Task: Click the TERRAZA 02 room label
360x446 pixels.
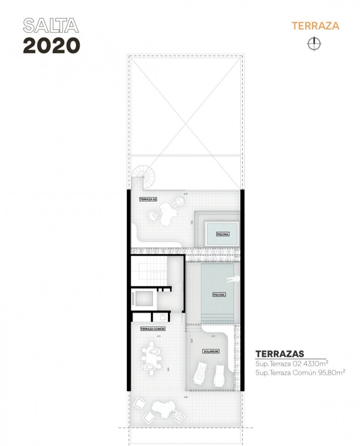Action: click(x=148, y=200)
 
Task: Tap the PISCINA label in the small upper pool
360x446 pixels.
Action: click(x=222, y=233)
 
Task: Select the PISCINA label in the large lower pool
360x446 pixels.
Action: click(x=219, y=295)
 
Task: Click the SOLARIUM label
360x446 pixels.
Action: click(x=211, y=351)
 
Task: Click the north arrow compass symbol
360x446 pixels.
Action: click(x=314, y=44)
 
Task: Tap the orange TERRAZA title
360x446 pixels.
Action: click(x=315, y=25)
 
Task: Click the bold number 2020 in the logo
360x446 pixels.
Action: click(x=52, y=45)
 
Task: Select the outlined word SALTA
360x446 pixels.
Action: click(x=51, y=25)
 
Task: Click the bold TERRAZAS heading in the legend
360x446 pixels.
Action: click(x=280, y=354)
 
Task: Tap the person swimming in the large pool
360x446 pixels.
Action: click(x=232, y=280)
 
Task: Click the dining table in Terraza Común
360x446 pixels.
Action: click(x=152, y=357)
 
